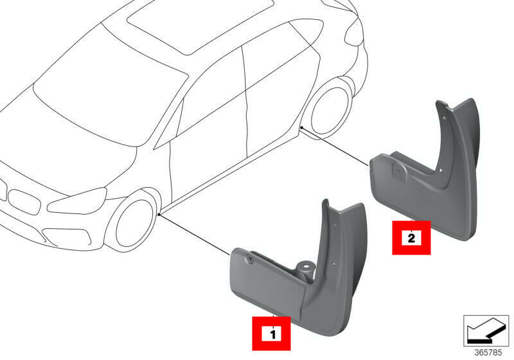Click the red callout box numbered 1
(x=271, y=333)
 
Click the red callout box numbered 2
(x=411, y=237)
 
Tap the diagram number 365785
(x=488, y=352)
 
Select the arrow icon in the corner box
(x=486, y=330)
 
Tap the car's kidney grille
(x=24, y=201)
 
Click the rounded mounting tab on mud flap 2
(x=399, y=170)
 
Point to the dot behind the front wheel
(x=159, y=214)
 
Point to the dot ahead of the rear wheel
(x=301, y=126)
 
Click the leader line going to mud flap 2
(x=335, y=146)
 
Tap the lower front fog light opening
(x=67, y=235)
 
